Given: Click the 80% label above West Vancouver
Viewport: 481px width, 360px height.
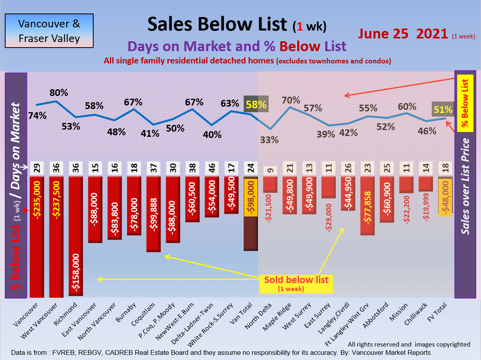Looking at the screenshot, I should coord(58,93).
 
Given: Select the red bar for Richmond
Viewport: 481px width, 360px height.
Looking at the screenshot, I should coord(76,206).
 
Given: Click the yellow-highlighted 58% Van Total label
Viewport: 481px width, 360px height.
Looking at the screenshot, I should coord(256,105).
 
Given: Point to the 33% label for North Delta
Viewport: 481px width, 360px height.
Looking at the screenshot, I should coord(270,140).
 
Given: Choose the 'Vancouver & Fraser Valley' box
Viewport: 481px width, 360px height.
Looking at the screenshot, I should coord(49,31).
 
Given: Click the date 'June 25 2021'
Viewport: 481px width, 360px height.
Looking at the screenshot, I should coord(403,34).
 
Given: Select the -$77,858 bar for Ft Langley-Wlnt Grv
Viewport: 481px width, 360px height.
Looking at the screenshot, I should coord(367,206).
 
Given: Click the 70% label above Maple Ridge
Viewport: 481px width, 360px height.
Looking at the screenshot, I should coord(291,100).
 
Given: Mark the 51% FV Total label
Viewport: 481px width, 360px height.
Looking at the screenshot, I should coord(443,110).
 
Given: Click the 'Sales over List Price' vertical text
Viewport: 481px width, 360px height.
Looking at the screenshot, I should coord(466,186).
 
